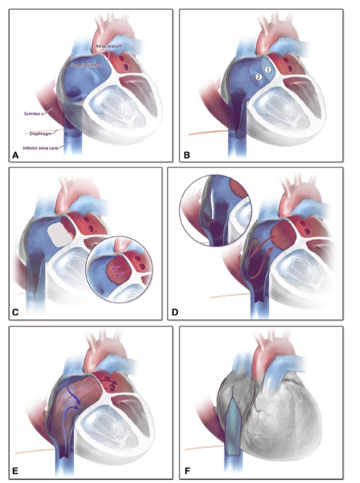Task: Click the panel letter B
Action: (x=187, y=155)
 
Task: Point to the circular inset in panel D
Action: (x=213, y=211)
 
